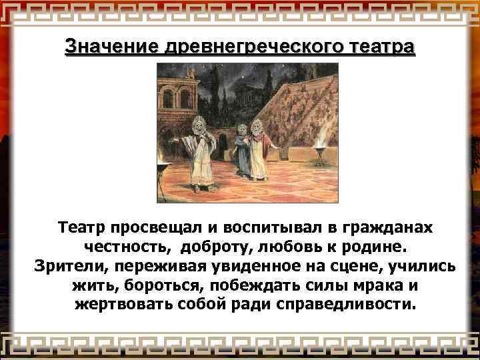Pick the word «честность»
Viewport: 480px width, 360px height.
tap(125, 247)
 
